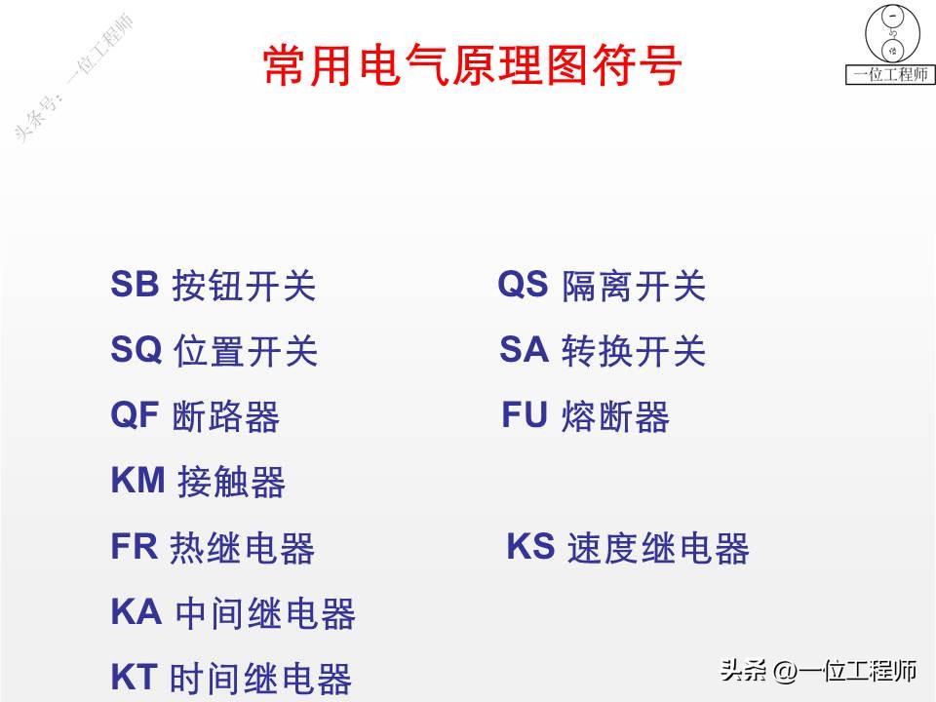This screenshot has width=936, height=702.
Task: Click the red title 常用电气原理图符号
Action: pos(472,65)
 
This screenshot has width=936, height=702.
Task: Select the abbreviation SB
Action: pos(135,285)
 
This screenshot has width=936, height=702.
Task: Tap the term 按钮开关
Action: pos(244,287)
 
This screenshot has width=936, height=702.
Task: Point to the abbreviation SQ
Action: pos(136,350)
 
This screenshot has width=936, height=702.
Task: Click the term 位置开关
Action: pos(246,352)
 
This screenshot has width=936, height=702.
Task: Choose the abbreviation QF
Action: pos(135,415)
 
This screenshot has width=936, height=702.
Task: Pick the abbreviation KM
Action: pos(137,481)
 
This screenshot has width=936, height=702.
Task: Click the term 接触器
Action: pos(231,483)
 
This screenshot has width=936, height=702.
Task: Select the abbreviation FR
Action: pos(135,547)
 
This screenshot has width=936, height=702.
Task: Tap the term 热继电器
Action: pos(243,549)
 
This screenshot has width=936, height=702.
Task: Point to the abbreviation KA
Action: pos(136,612)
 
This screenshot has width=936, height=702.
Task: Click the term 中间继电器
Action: pos(265,614)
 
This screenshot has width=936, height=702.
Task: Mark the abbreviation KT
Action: pos(134,677)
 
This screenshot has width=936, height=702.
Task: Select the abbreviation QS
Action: pos(524,285)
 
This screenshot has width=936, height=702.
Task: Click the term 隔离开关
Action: pos(634,287)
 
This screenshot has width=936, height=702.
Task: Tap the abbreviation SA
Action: pos(525,350)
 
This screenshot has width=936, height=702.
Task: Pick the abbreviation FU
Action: pos(526,415)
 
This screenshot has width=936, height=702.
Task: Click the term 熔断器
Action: pos(616,417)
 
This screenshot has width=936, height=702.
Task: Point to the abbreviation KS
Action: pos(530,547)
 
